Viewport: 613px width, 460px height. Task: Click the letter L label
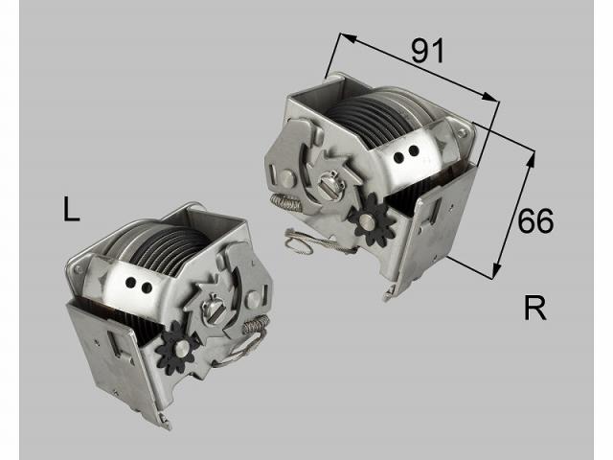point(71,209)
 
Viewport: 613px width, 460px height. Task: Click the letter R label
point(535,309)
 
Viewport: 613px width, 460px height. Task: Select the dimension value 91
point(428,51)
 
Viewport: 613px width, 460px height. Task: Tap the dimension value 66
point(535,221)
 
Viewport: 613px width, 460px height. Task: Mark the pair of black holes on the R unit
point(409,150)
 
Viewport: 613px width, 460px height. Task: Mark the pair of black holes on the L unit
point(140,285)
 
